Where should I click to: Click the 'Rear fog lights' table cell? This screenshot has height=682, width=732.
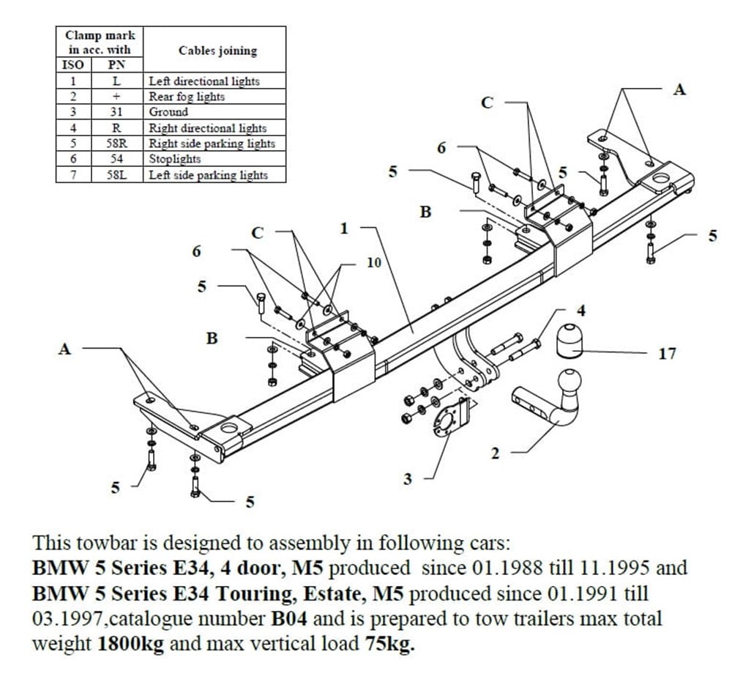coord(187,97)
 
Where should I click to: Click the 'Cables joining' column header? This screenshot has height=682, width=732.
coord(217,51)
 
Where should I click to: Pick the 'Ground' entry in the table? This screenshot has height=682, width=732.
coord(168,112)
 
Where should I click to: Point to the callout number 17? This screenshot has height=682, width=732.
coord(667,354)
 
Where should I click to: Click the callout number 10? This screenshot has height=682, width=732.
coord(373,262)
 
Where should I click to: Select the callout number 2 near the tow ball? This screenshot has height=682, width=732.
coord(495,453)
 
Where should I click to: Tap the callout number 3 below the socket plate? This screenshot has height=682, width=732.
coord(408,479)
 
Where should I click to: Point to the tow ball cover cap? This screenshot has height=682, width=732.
coord(569,340)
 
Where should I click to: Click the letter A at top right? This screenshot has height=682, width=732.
coord(680,89)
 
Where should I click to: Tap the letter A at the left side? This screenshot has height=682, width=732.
coord(65,349)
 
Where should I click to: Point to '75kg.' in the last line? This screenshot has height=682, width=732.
coord(389,645)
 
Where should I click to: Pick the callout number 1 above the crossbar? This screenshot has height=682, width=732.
coord(344,229)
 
